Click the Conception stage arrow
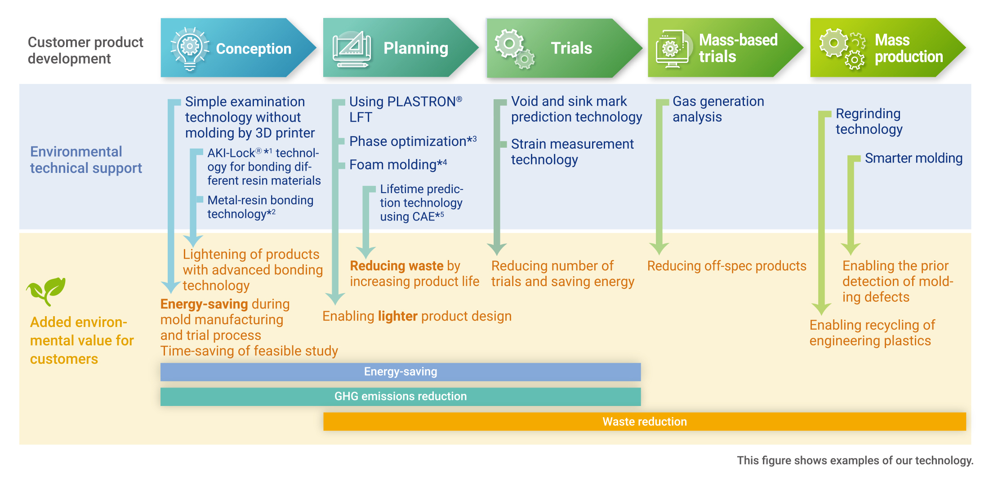238,48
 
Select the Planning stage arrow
401,48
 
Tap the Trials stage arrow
564,48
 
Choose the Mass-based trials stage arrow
725,48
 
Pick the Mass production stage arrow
888,48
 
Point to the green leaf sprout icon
46,291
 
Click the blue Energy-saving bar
401,372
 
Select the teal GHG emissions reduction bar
401,397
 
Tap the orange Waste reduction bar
645,422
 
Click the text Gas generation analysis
718,109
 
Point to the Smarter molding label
913,159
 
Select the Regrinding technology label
869,121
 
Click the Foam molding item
398,164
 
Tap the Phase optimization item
413,141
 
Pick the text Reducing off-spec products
727,266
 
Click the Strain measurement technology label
572,152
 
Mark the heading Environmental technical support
86,160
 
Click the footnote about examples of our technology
855,461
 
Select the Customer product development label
85,50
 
